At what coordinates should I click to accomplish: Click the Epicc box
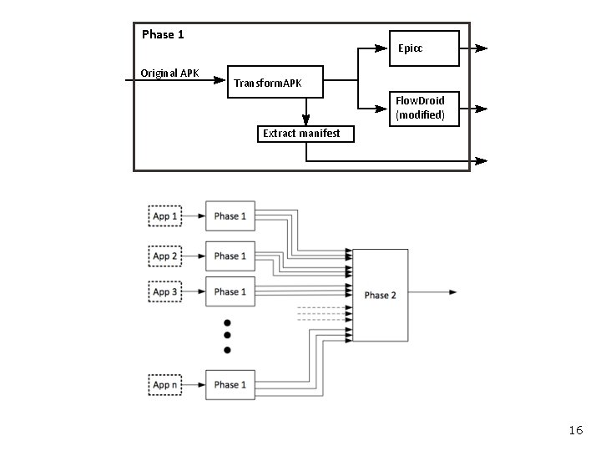425,48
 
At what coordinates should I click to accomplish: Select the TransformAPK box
275,82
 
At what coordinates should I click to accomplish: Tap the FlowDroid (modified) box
425,108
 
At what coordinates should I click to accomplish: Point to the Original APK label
169,73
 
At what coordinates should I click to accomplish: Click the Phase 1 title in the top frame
163,34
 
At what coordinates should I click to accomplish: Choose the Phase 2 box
380,295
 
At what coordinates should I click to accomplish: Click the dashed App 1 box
165,216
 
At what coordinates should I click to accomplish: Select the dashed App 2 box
165,256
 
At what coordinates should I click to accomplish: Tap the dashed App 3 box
165,292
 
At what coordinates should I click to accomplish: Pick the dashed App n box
165,385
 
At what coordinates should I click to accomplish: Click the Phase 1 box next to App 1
230,216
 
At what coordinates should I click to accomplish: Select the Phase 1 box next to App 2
230,256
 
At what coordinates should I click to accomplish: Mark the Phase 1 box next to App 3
230,292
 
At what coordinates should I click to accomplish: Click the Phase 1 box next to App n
230,385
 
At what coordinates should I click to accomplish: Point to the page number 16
575,430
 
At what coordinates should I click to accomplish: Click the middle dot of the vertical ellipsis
227,336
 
